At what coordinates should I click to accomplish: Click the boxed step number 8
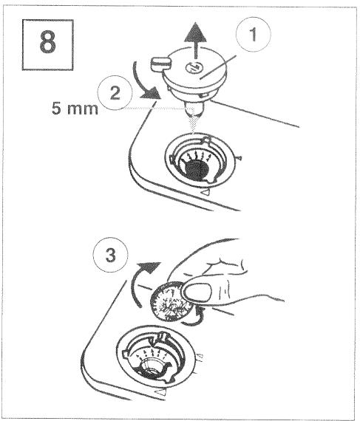pos(47,45)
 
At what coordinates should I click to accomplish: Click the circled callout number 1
pos(253,35)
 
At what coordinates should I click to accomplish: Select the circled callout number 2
pos(115,93)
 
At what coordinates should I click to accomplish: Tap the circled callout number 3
pos(111,255)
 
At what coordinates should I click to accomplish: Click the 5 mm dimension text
pos(75,109)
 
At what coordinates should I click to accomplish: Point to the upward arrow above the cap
pos(196,41)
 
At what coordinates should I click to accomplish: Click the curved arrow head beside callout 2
pos(151,93)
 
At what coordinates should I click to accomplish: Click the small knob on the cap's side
pos(160,64)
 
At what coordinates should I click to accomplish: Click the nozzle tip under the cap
pos(194,109)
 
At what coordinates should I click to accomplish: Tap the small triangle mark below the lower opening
pos(161,392)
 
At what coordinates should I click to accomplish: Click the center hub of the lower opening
pos(152,369)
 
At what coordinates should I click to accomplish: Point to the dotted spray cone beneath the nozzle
pos(194,122)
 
